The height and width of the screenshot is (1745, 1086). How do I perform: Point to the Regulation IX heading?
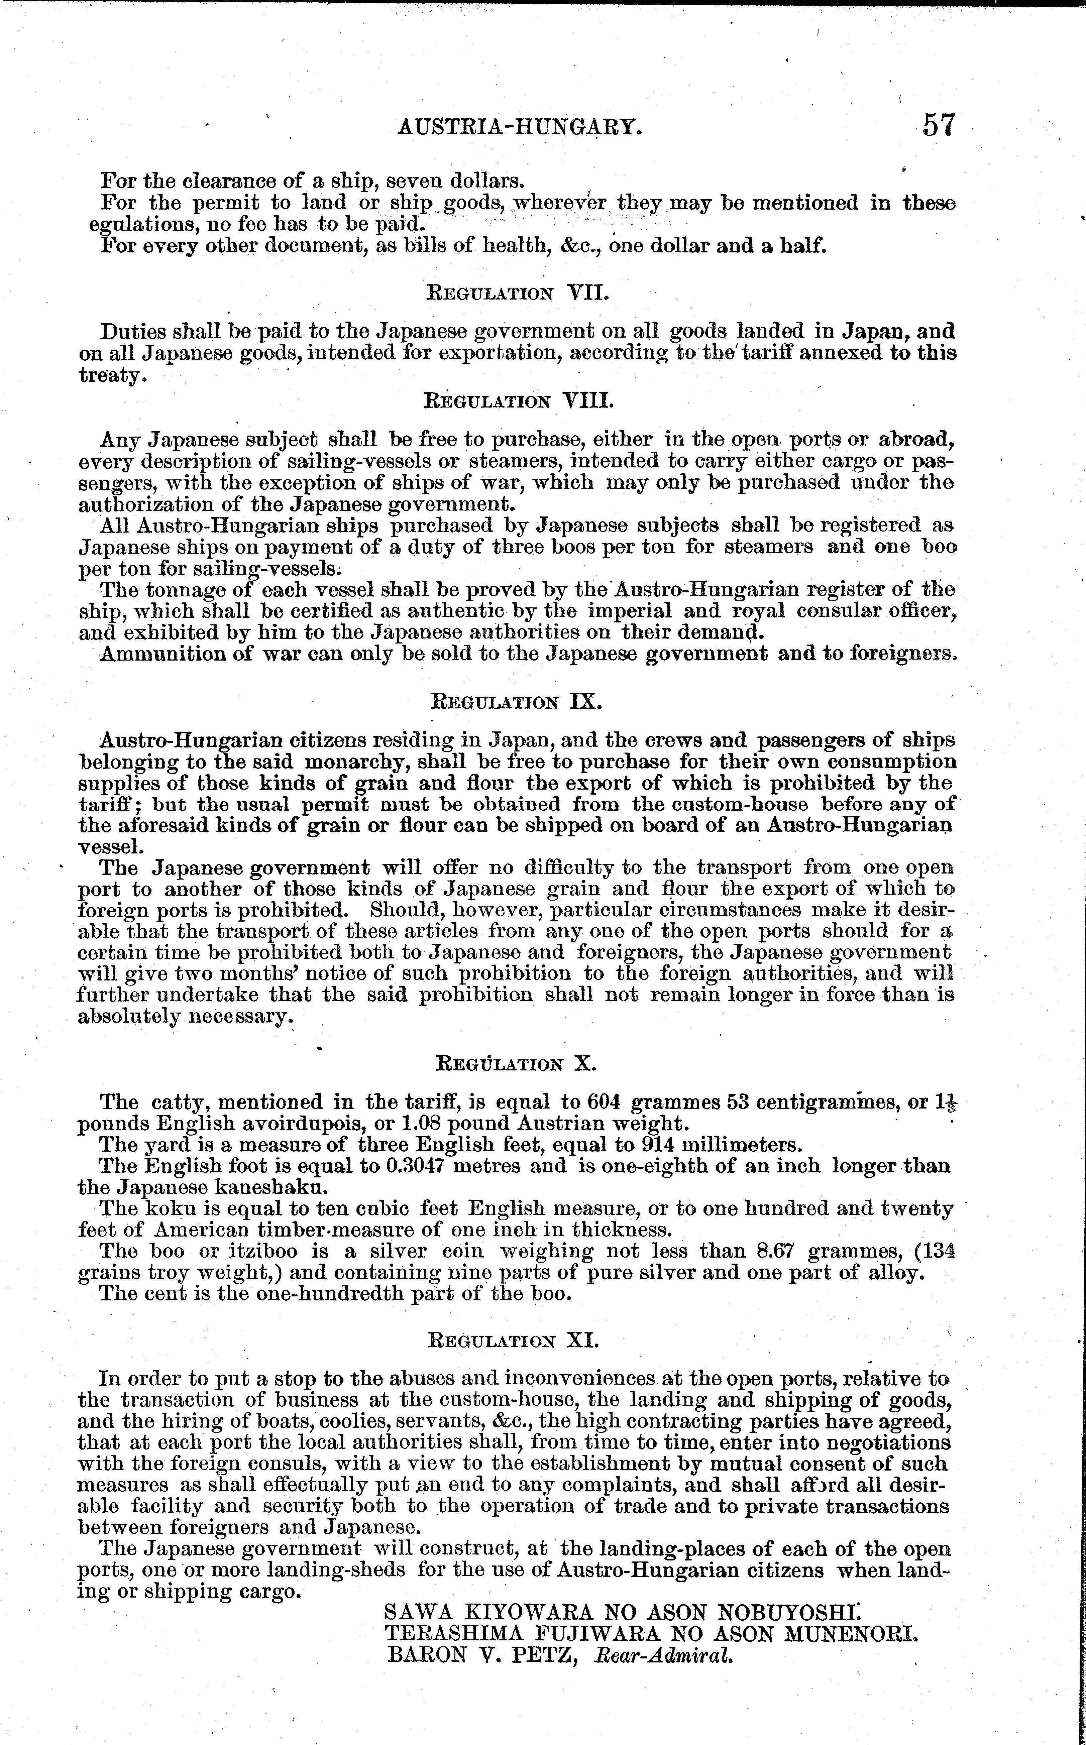click(x=516, y=701)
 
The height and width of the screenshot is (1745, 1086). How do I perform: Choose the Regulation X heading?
click(x=516, y=1063)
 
